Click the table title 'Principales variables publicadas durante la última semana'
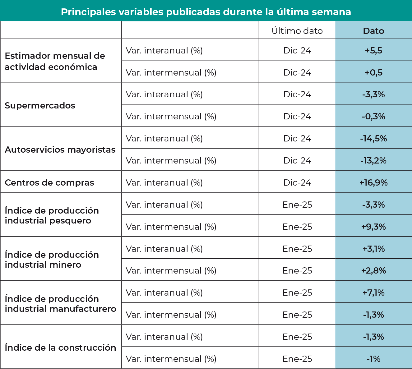click(206, 12)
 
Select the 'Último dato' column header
click(297, 31)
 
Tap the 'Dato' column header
click(373, 31)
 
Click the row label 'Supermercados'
click(40, 105)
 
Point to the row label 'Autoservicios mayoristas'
click(60, 150)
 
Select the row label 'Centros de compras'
click(49, 182)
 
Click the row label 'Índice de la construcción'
click(60, 348)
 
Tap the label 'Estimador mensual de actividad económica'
click(55, 61)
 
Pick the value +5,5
click(373, 50)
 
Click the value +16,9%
click(373, 182)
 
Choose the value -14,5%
click(373, 138)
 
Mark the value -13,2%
click(373, 160)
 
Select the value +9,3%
click(373, 227)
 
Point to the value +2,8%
click(373, 270)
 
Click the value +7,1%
click(373, 293)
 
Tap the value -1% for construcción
click(373, 359)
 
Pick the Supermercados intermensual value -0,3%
click(373, 116)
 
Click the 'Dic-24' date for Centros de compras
click(297, 182)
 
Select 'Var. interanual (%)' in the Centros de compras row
click(164, 182)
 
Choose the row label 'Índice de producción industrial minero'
click(52, 260)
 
